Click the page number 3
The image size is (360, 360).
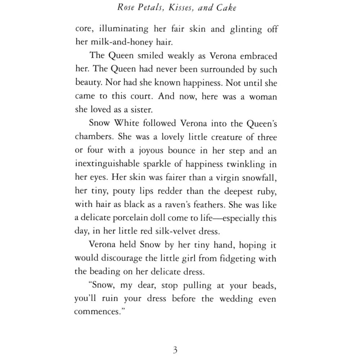coord(175,350)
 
